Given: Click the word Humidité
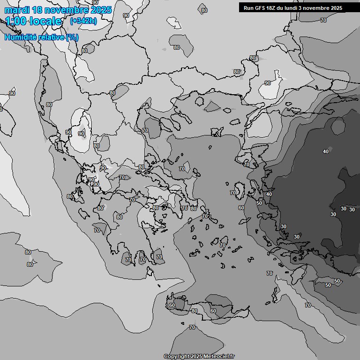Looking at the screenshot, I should click(x=20, y=37).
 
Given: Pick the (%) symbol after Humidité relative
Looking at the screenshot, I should click(x=72, y=37).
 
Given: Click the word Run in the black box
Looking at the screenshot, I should click(x=248, y=8).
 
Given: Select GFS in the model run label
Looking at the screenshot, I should click(x=260, y=8).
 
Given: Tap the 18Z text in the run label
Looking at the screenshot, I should click(x=273, y=8).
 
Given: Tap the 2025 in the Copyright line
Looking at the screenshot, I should click(x=197, y=356).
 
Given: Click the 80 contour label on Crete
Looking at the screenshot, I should click(x=195, y=311).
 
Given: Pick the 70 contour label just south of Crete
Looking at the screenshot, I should click(x=192, y=327).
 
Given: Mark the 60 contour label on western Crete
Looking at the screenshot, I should click(x=172, y=305).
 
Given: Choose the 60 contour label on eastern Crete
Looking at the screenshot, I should click(x=213, y=311).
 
